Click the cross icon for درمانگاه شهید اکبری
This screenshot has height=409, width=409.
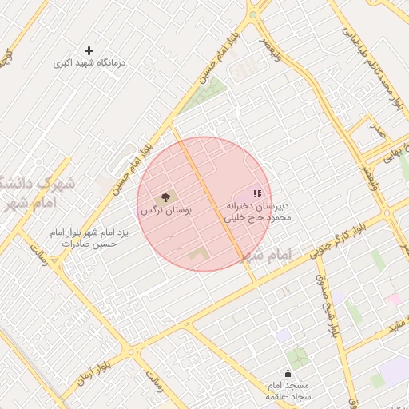click(x=89, y=50)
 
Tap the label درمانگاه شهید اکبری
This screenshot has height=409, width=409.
click(x=89, y=62)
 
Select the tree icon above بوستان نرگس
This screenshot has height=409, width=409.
click(x=166, y=197)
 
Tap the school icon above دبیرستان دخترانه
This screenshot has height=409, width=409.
click(x=257, y=193)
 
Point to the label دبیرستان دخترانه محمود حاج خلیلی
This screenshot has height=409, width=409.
click(x=256, y=210)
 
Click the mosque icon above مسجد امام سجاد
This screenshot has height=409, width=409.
click(x=288, y=373)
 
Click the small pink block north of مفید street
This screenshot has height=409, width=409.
click(x=392, y=300)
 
